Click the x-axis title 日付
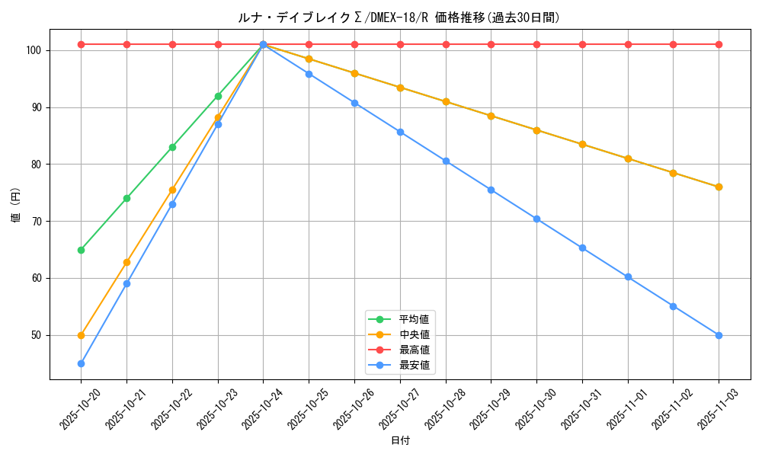click(400, 441)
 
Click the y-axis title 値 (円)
click(16, 206)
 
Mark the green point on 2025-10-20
click(81, 250)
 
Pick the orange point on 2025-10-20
click(81, 335)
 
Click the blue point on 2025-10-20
click(81, 363)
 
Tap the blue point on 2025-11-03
click(719, 335)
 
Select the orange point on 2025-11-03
click(719, 187)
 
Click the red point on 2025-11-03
click(719, 44)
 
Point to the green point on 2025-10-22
click(172, 147)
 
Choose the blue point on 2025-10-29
click(491, 190)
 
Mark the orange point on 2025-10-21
click(126, 262)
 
